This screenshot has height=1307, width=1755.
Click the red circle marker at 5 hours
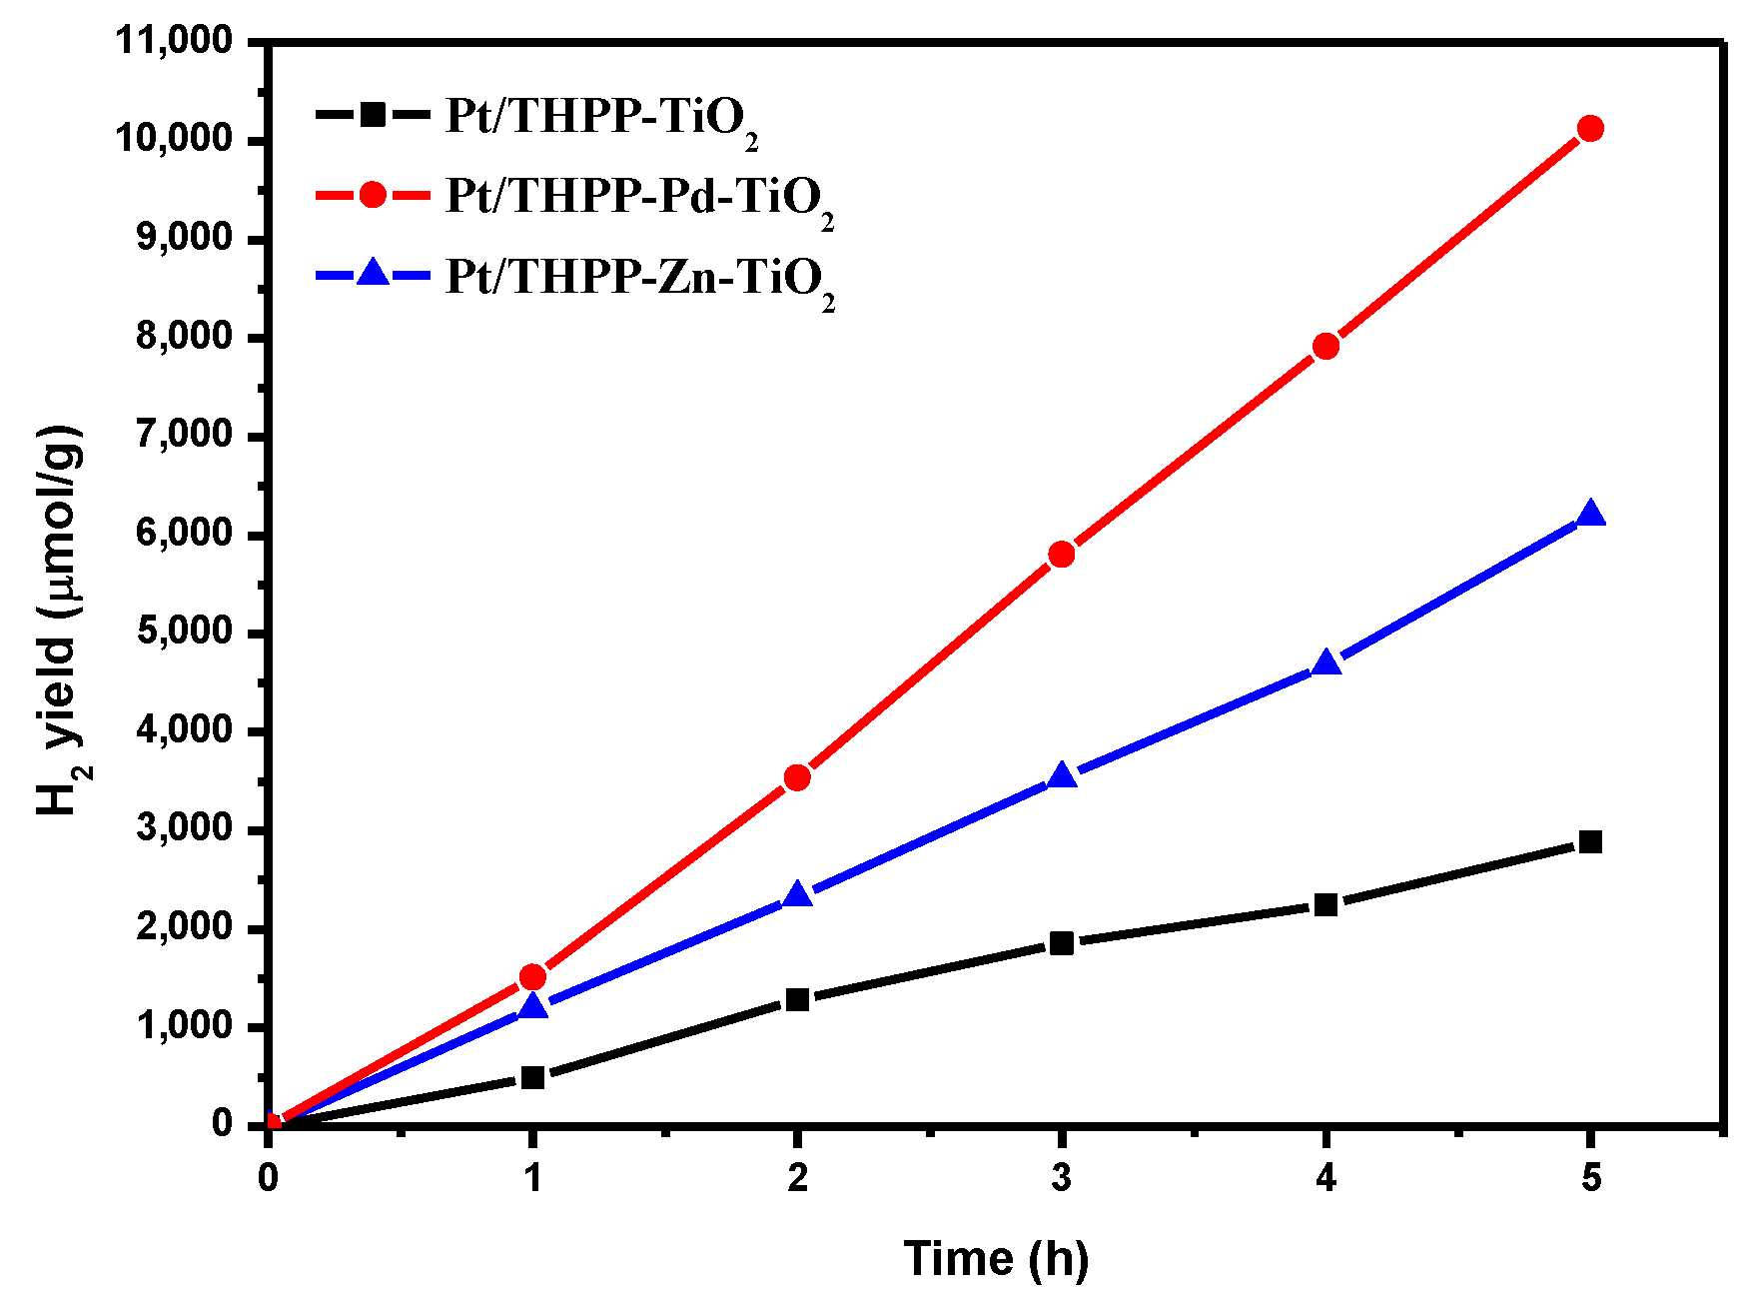1590,129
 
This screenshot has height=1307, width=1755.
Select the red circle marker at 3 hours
1061,555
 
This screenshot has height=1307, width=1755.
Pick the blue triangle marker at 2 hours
796,895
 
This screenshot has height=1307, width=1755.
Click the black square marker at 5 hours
1590,842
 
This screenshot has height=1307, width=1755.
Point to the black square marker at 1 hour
532,1077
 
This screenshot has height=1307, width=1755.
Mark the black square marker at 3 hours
1061,943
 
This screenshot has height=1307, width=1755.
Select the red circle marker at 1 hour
532,976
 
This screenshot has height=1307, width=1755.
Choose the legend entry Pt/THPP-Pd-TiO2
638,198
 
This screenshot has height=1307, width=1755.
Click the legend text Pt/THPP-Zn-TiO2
638,279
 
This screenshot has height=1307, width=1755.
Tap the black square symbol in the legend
373,114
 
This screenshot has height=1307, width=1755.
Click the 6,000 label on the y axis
185,534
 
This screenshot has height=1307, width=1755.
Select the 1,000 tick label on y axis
185,1026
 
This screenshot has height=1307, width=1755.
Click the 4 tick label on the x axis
1325,1178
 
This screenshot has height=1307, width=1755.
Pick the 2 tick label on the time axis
796,1178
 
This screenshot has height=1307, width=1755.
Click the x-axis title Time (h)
996,1258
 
